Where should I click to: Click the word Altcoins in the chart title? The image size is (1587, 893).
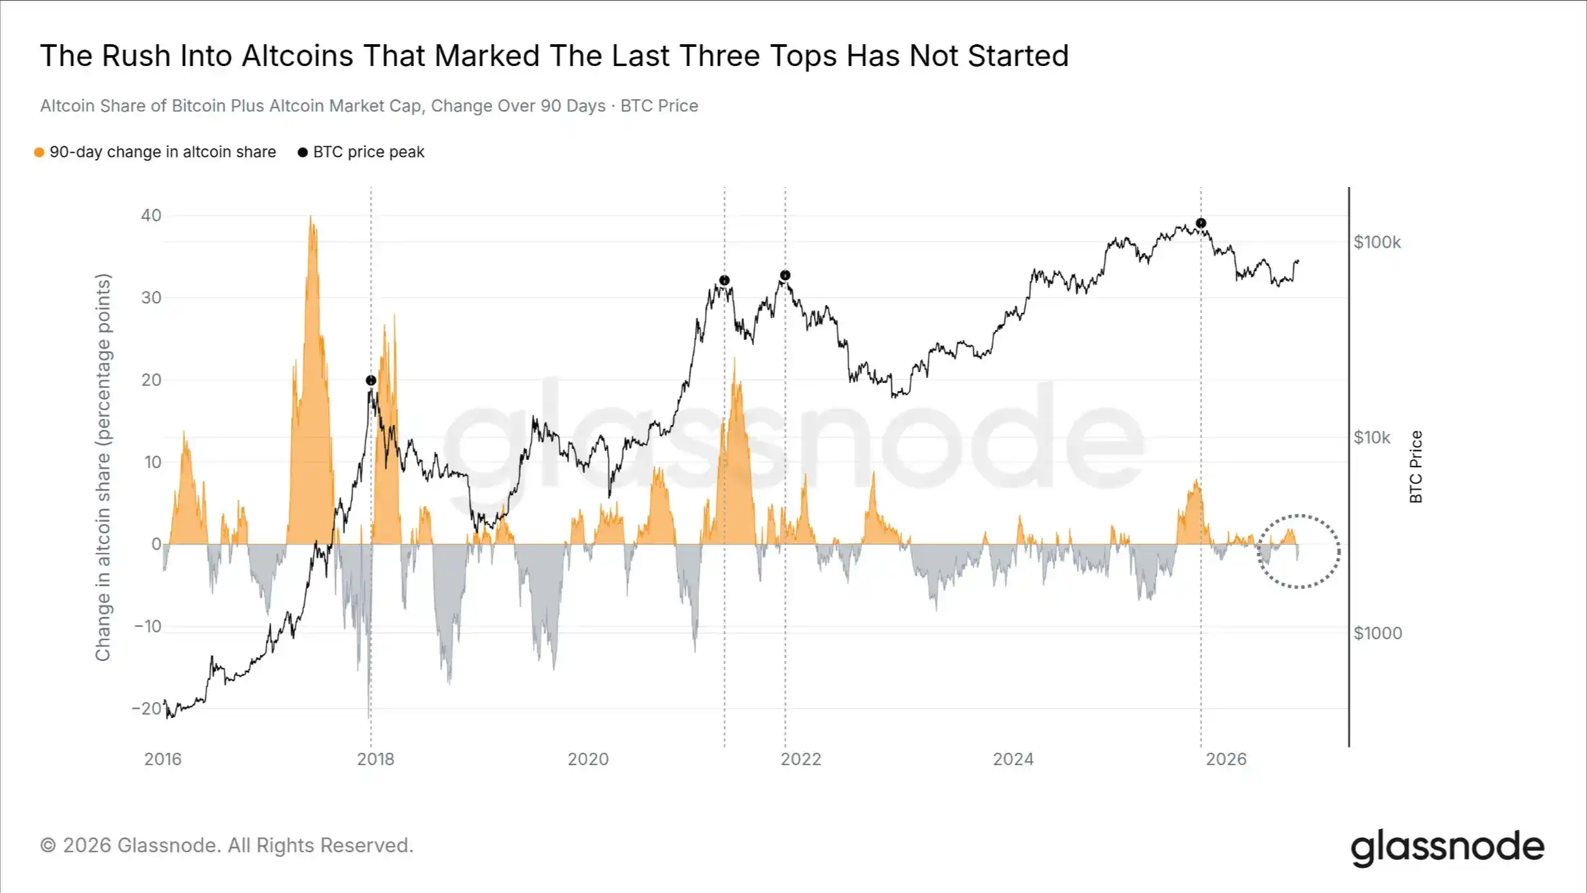[297, 56]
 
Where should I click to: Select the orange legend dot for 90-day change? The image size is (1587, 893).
[39, 152]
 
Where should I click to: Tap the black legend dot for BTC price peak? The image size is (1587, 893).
[303, 152]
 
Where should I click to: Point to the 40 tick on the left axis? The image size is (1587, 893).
[151, 216]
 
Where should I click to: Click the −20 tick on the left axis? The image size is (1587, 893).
[147, 709]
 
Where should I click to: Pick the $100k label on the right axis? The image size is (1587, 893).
[1378, 242]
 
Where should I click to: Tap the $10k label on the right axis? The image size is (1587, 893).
[1372, 437]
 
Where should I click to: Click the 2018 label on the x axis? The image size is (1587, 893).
[375, 759]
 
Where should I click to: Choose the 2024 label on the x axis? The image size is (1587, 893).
[1013, 759]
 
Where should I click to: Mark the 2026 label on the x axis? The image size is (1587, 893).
[1226, 759]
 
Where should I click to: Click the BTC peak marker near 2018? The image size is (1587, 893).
[371, 380]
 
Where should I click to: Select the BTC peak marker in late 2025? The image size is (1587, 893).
[1201, 223]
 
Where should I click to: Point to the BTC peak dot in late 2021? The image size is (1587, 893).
[785, 275]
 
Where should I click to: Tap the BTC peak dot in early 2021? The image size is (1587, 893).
[724, 280]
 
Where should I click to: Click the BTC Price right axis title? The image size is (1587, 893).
[1416, 467]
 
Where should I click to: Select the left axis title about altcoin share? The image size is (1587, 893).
[103, 467]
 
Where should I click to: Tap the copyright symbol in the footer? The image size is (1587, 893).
[48, 845]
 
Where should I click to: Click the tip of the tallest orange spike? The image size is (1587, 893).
[311, 216]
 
